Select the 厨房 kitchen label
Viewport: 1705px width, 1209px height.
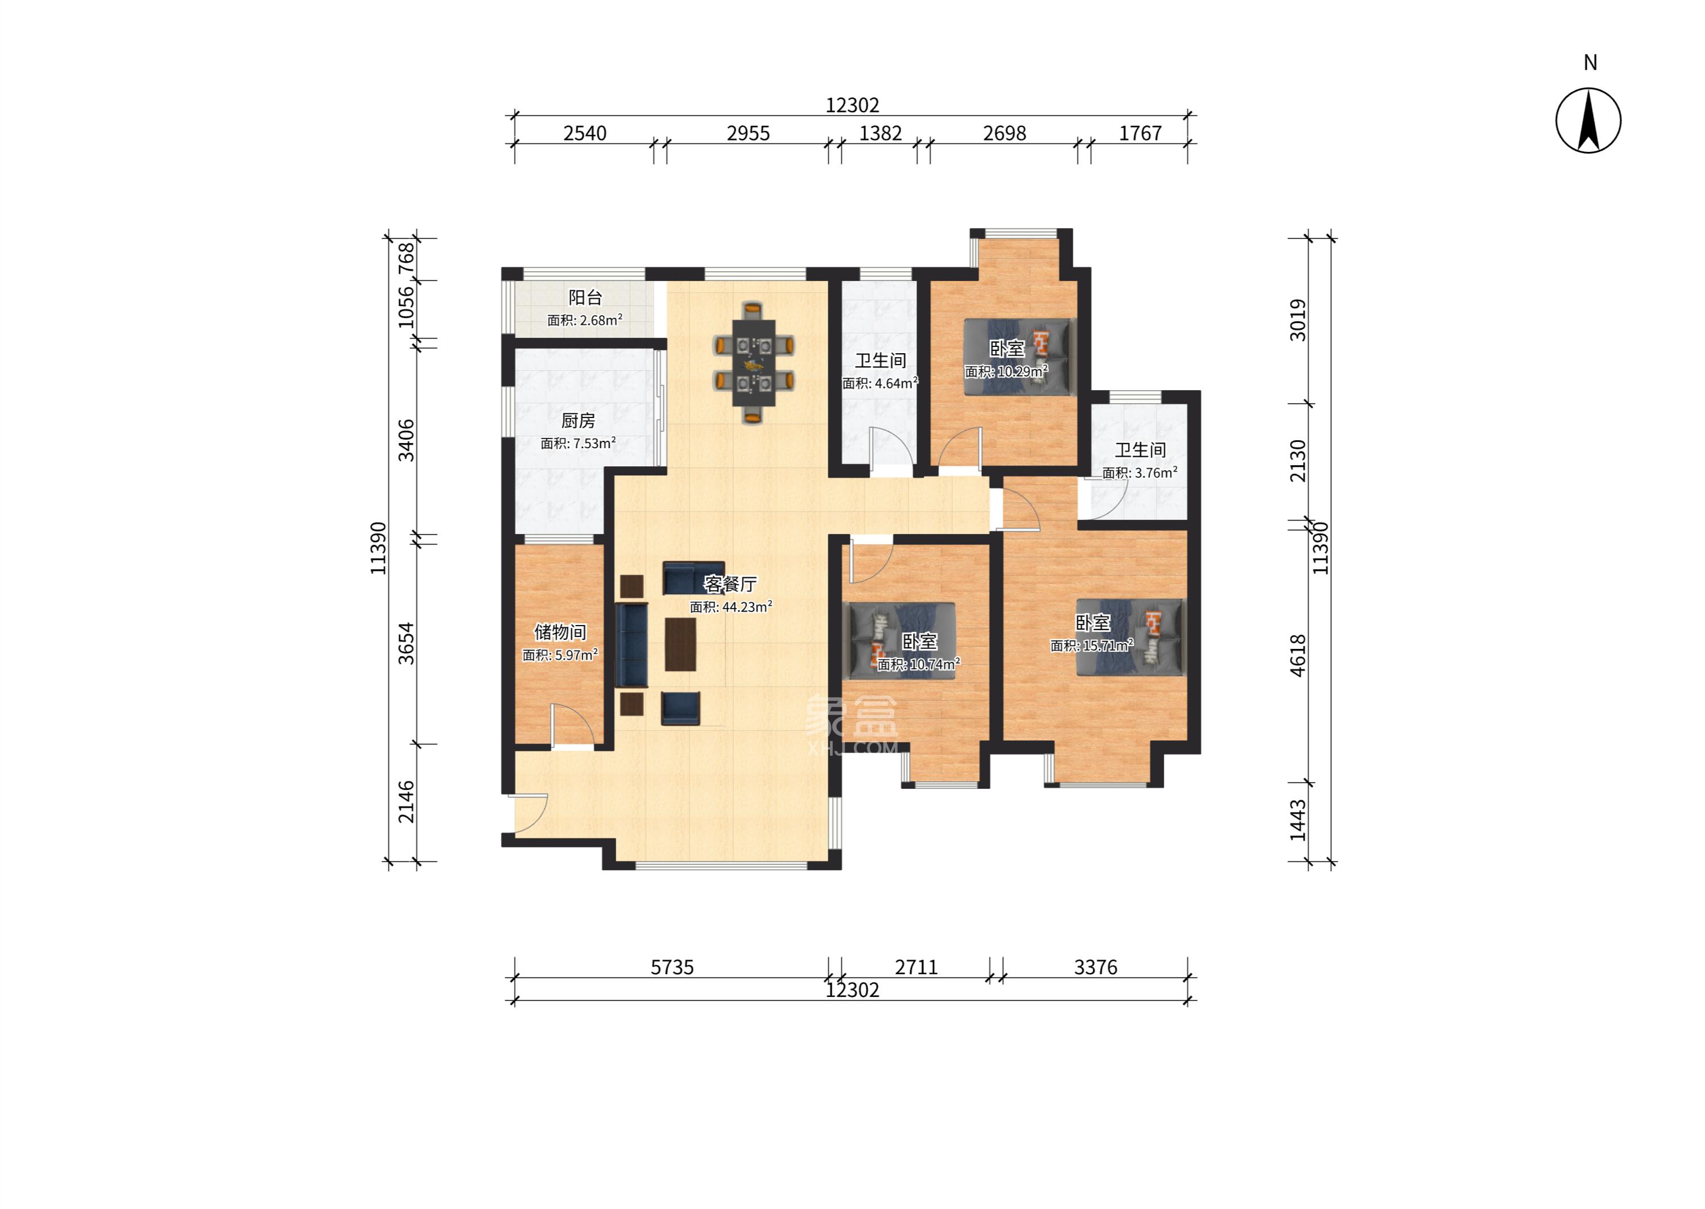[578, 421]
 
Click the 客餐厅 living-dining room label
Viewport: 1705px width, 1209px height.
[730, 585]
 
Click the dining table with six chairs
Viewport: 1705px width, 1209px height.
[753, 363]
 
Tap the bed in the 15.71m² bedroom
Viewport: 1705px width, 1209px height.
[1130, 637]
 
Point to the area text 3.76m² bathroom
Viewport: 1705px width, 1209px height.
[1139, 473]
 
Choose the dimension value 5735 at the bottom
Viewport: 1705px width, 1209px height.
[672, 967]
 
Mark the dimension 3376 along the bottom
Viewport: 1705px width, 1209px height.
[1096, 967]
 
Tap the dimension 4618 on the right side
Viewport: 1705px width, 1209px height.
[1297, 655]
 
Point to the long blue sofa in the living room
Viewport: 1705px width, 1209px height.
[632, 645]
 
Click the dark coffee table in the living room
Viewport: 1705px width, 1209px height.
[680, 644]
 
